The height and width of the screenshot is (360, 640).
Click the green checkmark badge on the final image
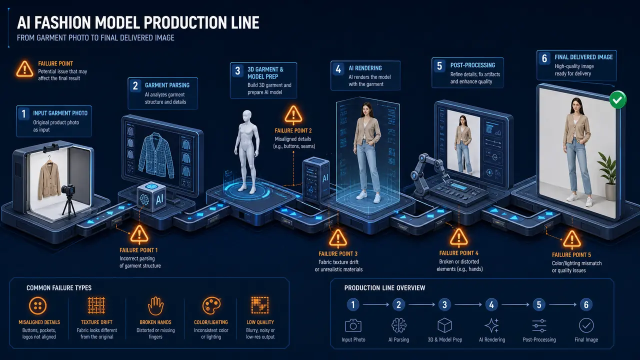click(x=617, y=99)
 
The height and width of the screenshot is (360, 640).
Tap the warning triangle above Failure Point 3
click(x=338, y=238)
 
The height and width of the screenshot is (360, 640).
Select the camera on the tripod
click(x=68, y=190)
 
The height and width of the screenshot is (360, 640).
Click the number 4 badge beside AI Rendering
click(x=338, y=69)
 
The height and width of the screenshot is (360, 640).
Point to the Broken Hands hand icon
click(x=155, y=305)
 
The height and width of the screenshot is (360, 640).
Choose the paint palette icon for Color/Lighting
click(x=211, y=305)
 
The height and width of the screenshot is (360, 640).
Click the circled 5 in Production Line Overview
click(x=539, y=305)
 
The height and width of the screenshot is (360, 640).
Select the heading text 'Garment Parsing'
click(x=167, y=85)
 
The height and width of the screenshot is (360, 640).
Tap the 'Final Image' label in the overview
click(x=586, y=339)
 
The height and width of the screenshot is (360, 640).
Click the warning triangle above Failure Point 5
click(x=572, y=239)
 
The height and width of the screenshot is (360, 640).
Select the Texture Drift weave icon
click(x=96, y=305)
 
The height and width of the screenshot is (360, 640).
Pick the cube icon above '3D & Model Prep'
click(x=444, y=325)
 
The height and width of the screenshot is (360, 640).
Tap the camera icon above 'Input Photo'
click(x=353, y=325)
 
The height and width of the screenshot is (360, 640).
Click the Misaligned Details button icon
click(x=37, y=305)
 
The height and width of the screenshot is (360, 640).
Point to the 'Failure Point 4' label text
click(x=458, y=253)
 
